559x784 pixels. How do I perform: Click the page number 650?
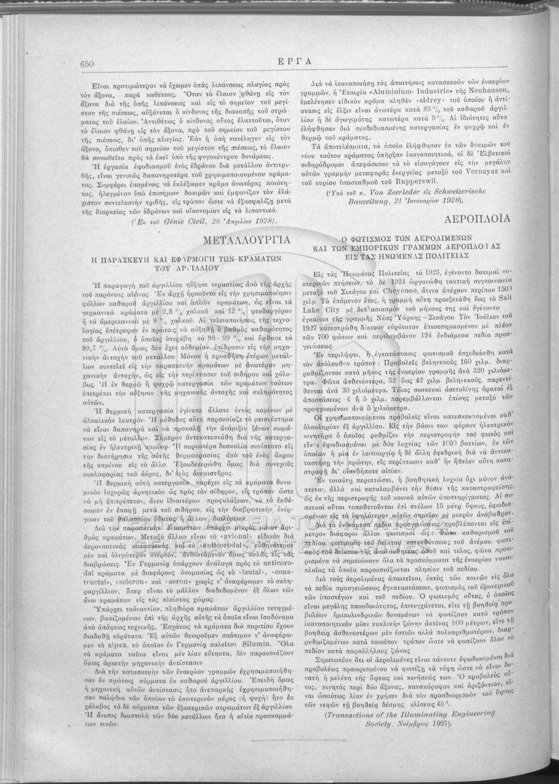(x=88, y=63)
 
